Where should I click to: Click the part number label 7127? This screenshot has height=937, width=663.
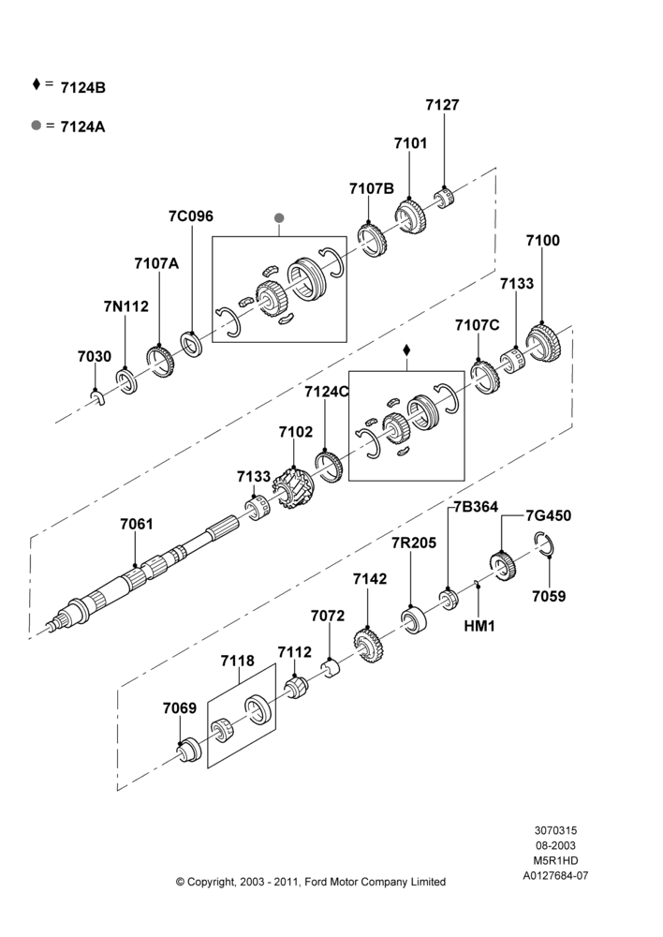[442, 105]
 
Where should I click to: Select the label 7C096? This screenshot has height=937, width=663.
[190, 216]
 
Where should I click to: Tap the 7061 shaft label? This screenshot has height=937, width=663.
[136, 524]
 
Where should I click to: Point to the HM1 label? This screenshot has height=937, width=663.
[479, 626]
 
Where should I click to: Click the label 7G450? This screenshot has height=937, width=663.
[548, 515]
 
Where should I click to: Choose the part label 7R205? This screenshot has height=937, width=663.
[414, 543]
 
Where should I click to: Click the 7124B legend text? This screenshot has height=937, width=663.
[83, 88]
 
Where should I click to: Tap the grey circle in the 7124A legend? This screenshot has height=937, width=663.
[37, 126]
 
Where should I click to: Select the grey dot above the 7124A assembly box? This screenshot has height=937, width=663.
[279, 218]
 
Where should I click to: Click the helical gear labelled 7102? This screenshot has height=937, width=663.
[294, 489]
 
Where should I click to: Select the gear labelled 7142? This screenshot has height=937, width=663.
[369, 646]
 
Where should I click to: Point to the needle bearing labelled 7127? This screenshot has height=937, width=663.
[443, 199]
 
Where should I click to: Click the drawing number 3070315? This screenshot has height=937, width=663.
[555, 830]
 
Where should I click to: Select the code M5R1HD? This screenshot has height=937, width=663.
[555, 860]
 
